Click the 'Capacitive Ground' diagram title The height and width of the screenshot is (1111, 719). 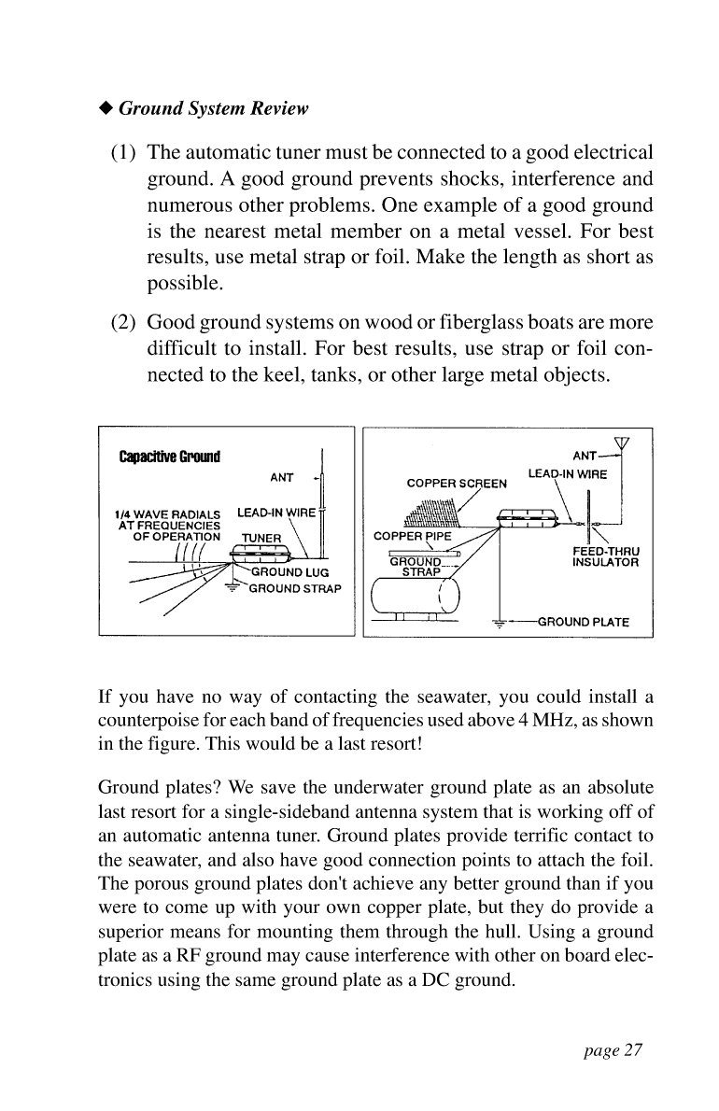(168, 457)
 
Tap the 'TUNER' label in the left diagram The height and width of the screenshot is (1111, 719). (261, 538)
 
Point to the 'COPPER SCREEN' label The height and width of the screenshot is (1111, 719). (458, 485)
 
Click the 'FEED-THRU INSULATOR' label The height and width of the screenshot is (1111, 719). (604, 557)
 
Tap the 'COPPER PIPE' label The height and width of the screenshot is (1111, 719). (413, 538)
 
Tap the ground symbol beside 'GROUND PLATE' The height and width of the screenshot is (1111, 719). (500, 622)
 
